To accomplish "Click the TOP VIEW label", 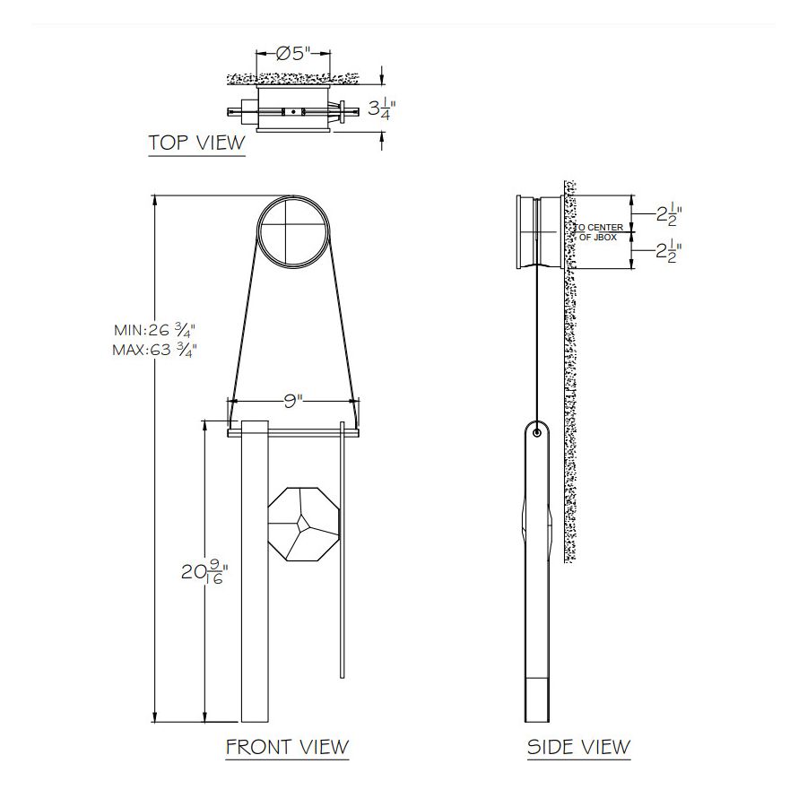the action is coord(196,143).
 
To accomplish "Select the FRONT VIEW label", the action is coord(287,746).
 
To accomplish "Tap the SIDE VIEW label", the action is coord(578,746).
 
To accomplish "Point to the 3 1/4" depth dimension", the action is coord(382,108).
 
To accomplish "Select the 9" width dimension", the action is coord(293,401).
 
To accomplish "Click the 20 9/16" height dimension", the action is coord(204,572).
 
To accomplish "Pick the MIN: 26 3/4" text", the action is coord(155,329).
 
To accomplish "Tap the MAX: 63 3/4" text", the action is coord(155,350).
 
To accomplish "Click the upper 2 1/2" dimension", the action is coord(669,213).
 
